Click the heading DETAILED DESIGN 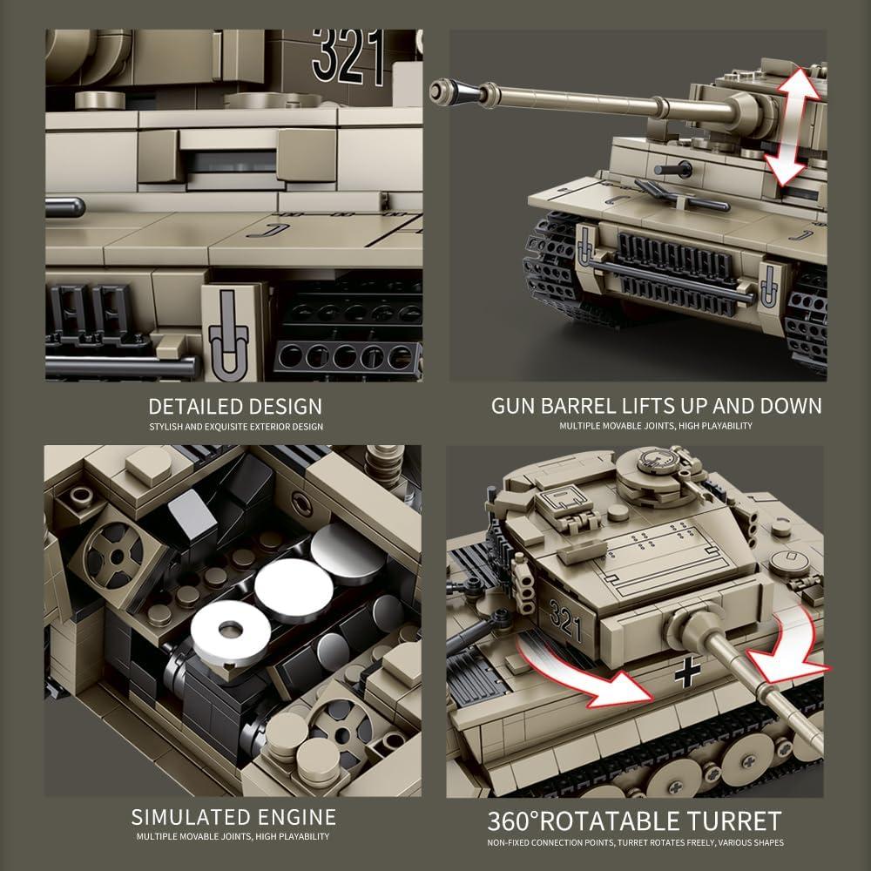235,406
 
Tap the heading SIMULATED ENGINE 233,817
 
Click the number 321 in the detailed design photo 348,57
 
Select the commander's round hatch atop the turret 658,459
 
